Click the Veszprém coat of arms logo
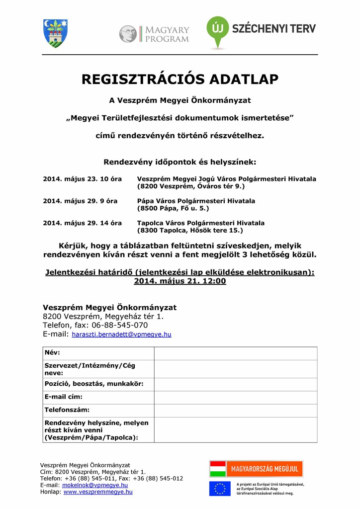(x=55, y=33)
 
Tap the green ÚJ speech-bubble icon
(x=217, y=31)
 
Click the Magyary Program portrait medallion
(x=128, y=34)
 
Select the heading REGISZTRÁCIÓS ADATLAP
(x=180, y=80)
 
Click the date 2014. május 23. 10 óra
(x=79, y=179)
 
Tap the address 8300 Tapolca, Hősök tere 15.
(x=190, y=231)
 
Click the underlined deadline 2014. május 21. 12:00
(x=180, y=281)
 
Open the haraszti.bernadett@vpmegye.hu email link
(x=121, y=335)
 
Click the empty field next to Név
(x=235, y=353)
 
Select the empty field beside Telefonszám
(x=235, y=411)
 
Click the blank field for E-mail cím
(x=235, y=398)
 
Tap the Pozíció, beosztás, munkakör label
(x=94, y=384)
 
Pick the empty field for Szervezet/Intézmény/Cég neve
(x=235, y=369)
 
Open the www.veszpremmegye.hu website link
(x=98, y=492)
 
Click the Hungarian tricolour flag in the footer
(x=218, y=469)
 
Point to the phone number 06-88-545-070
(x=120, y=325)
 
